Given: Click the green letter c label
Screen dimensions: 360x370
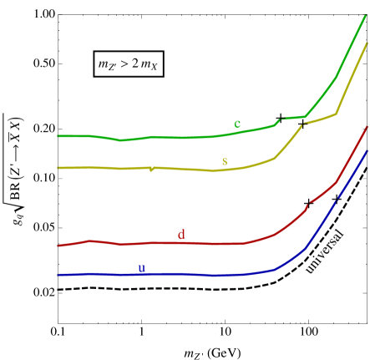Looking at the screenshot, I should click(x=237, y=124).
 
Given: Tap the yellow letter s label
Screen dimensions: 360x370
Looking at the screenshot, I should click(x=224, y=161).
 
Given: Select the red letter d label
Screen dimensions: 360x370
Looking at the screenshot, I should click(x=181, y=235).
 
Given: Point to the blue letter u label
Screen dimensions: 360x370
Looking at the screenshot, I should click(x=141, y=268).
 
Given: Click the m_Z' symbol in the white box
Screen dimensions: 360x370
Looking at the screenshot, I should click(x=107, y=64).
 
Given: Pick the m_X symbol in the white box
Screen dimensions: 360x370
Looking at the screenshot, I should click(x=149, y=64).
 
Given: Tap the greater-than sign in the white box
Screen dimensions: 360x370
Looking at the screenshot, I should click(x=124, y=63).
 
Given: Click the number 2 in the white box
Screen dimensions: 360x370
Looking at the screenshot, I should click(x=134, y=63).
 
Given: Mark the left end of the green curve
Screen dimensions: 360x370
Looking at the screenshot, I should click(x=58, y=135).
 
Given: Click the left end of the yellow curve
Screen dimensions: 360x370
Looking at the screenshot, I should click(x=58, y=168).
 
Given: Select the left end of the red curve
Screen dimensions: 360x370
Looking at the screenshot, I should click(x=58, y=246).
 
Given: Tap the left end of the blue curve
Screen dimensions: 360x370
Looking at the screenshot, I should click(x=58, y=275).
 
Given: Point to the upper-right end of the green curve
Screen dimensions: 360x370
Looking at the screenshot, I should click(x=366, y=16).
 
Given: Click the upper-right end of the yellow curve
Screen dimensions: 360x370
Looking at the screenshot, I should click(x=367, y=43).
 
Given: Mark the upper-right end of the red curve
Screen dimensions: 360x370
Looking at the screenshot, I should click(x=367, y=127).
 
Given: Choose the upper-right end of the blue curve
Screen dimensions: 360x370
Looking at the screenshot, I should click(x=367, y=152).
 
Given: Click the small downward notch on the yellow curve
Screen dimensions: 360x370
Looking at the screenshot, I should click(x=151, y=170).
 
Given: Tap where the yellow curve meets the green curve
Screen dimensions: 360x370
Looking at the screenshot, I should click(x=303, y=123).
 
